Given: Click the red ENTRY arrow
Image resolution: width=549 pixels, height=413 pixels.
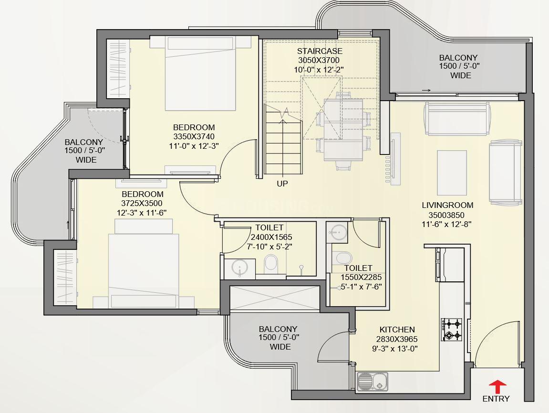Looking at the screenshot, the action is pyautogui.click(x=497, y=387).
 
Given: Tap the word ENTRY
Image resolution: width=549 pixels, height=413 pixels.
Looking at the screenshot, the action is pyautogui.click(x=496, y=399).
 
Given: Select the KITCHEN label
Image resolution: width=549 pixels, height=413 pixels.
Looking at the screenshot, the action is pyautogui.click(x=397, y=330).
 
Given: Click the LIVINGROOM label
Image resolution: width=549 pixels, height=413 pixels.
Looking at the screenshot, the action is pyautogui.click(x=447, y=206).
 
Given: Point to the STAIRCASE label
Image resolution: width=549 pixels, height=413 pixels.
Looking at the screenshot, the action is pyautogui.click(x=320, y=51).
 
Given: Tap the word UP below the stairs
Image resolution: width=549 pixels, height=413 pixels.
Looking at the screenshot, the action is pyautogui.click(x=282, y=184).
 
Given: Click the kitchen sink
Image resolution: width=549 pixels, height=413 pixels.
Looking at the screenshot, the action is pyautogui.click(x=373, y=381).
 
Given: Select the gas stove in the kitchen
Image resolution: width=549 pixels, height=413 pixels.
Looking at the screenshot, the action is pyautogui.click(x=451, y=330).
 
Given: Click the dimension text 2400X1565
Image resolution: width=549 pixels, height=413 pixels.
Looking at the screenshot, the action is pyautogui.click(x=271, y=237).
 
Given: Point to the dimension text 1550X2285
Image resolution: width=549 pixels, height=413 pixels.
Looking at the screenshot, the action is pyautogui.click(x=361, y=278).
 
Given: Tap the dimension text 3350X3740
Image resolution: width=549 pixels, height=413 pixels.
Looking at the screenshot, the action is pyautogui.click(x=194, y=136).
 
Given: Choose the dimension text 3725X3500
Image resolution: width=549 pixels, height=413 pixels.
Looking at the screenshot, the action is pyautogui.click(x=142, y=203).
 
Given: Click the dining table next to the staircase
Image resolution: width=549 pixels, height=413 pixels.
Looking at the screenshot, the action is pyautogui.click(x=343, y=130).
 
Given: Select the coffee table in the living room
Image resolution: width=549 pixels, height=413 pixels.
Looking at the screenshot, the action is pyautogui.click(x=452, y=173).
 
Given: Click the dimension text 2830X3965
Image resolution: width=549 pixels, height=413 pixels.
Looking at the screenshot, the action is pyautogui.click(x=397, y=339).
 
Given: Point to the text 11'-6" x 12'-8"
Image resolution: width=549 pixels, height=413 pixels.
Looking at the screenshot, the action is pyautogui.click(x=447, y=224).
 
